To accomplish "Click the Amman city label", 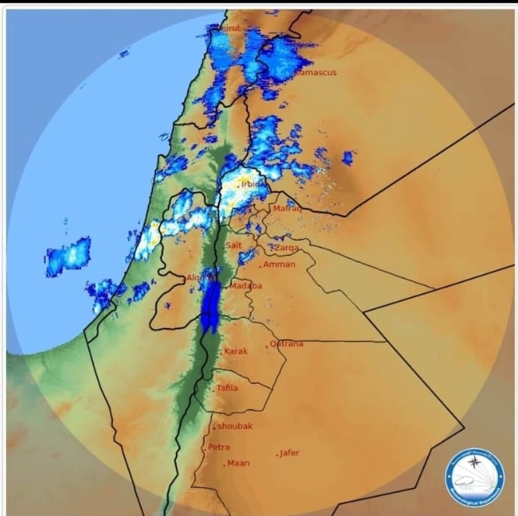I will point(279,265).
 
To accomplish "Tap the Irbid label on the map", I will point(251,184).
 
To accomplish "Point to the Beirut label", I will point(228,28).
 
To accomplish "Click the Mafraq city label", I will point(287,208).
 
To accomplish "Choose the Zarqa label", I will point(286,248).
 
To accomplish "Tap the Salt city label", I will point(234,245).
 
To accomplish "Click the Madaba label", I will point(246,286).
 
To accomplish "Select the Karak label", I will point(236,351).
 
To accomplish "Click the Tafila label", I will point(227,388).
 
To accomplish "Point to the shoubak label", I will point(235,426).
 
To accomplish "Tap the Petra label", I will point(219,447).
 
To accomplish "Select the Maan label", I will point(238,463).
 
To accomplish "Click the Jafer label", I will point(290,453).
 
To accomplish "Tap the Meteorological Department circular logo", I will point(475,477).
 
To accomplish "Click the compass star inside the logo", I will point(474,461).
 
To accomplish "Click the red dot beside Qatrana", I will point(267,346).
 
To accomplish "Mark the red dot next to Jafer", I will point(277,455).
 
